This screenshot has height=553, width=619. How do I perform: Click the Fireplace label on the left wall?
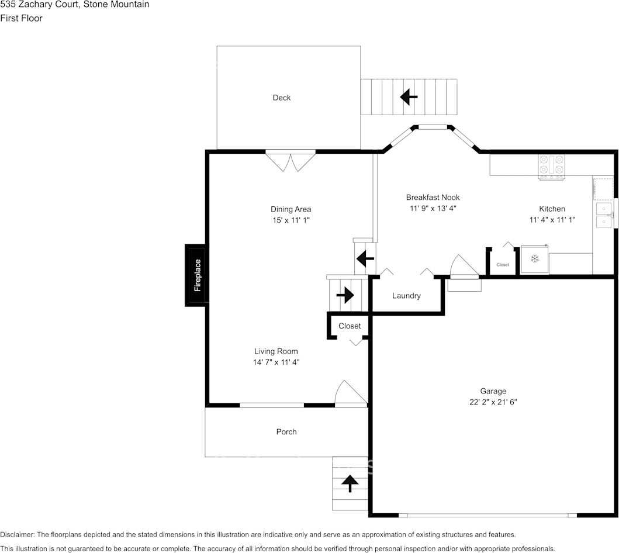pos(198,275)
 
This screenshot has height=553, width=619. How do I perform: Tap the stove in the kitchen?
pos(552,167)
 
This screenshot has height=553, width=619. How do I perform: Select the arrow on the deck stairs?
pos(409,96)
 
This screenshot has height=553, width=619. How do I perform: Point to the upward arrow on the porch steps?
pos(350,483)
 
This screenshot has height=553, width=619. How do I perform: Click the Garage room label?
pos(493,391)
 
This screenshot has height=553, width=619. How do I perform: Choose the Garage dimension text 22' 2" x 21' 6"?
pos(493,402)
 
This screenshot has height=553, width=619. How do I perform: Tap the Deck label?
pos(282,98)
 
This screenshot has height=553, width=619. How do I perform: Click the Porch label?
pos(286,432)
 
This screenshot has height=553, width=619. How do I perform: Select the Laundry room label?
pos(406,296)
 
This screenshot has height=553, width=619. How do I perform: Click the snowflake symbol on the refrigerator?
pos(534,259)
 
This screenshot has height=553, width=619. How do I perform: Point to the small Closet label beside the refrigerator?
pos(503,265)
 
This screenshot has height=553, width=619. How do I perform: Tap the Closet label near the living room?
pos(350,326)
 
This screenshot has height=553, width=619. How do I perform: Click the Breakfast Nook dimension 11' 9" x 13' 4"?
pos(433,209)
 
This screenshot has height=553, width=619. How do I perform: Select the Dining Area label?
pos(291,209)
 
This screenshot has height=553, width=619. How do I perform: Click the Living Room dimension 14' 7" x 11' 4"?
pos(276,362)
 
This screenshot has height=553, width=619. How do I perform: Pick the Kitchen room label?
pos(552,209)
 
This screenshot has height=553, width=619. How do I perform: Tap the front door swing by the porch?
pos(351,393)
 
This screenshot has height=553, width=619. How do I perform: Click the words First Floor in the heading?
pos(21,18)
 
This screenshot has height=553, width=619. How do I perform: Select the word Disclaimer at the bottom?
pos(17,534)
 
